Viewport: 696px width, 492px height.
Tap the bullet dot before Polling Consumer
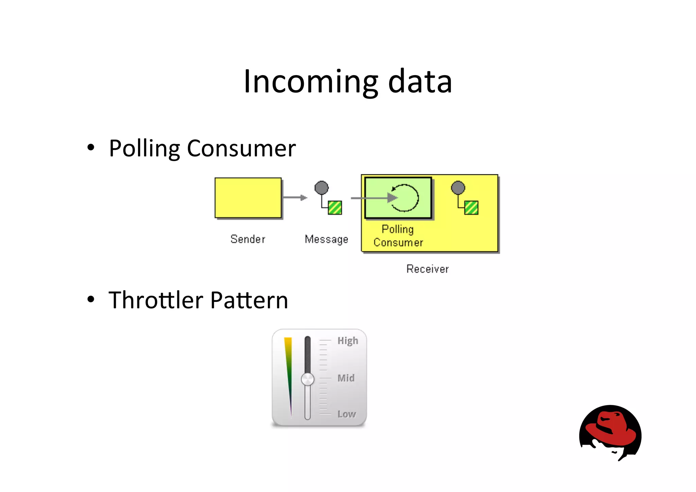pyautogui.click(x=91, y=148)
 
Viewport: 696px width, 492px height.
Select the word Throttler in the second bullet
pyautogui.click(x=156, y=300)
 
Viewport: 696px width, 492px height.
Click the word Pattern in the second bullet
pyautogui.click(x=249, y=300)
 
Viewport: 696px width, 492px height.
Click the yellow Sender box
pyautogui.click(x=248, y=198)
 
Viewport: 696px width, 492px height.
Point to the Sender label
pyautogui.click(x=248, y=239)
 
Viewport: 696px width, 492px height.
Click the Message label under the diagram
pyautogui.click(x=326, y=239)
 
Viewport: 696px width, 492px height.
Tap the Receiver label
pyautogui.click(x=428, y=269)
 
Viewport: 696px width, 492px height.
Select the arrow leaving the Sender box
pyautogui.click(x=295, y=198)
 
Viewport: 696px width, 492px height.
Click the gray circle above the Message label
pyautogui.click(x=321, y=187)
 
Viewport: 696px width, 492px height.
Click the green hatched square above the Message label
pyautogui.click(x=335, y=207)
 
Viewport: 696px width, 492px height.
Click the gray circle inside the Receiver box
pyautogui.click(x=458, y=188)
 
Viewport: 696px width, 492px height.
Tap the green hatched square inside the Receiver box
pyautogui.click(x=471, y=207)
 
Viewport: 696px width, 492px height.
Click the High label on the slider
pyautogui.click(x=348, y=340)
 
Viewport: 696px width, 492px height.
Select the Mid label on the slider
pyautogui.click(x=346, y=378)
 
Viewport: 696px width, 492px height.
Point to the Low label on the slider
pyautogui.click(x=347, y=414)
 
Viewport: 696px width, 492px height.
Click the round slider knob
pyautogui.click(x=308, y=379)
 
